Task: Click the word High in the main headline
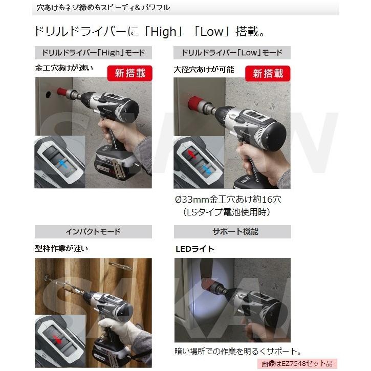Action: point(162,32)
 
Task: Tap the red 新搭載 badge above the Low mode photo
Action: point(268,73)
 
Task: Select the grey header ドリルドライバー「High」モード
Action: point(93,53)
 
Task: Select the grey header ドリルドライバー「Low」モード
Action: point(232,53)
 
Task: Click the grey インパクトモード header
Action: point(93,231)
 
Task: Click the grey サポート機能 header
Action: point(232,231)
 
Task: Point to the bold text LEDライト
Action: point(194,249)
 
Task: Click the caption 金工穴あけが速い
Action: point(64,68)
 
